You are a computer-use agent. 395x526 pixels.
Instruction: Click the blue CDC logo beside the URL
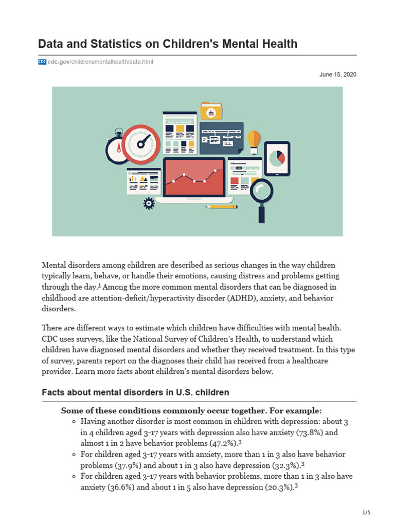[x=42, y=62]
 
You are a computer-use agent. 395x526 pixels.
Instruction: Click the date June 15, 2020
[x=337, y=74]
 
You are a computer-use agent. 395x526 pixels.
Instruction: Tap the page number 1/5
[x=366, y=513]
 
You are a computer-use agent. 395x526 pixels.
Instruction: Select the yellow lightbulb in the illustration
[x=254, y=141]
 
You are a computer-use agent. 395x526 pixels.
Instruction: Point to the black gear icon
[x=149, y=203]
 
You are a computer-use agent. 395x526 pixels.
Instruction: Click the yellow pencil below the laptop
[x=222, y=206]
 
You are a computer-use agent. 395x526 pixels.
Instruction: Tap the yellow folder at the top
[x=211, y=111]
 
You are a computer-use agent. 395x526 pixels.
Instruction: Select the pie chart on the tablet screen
[x=277, y=158]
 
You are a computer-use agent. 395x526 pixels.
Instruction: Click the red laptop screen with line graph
[x=194, y=176]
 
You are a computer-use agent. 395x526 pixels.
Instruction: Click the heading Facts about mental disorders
[x=135, y=392]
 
